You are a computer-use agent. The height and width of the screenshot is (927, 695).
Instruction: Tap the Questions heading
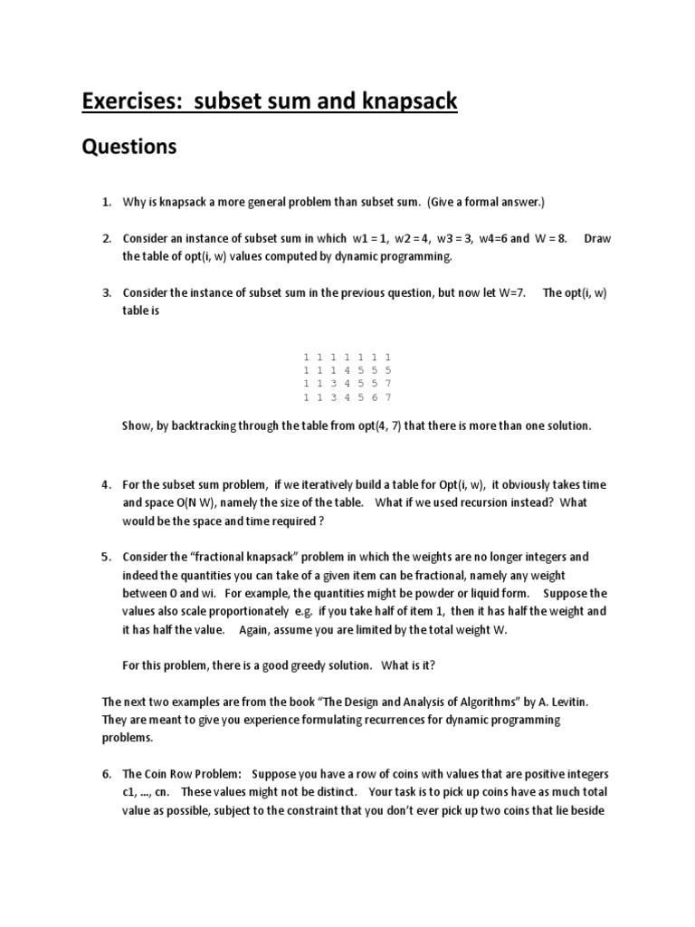129,147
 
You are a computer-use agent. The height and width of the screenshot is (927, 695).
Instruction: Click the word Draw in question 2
598,238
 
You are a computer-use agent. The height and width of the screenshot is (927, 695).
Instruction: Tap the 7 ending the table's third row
387,384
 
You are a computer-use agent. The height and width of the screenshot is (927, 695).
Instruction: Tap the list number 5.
106,557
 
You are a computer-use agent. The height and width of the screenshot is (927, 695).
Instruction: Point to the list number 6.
106,774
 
